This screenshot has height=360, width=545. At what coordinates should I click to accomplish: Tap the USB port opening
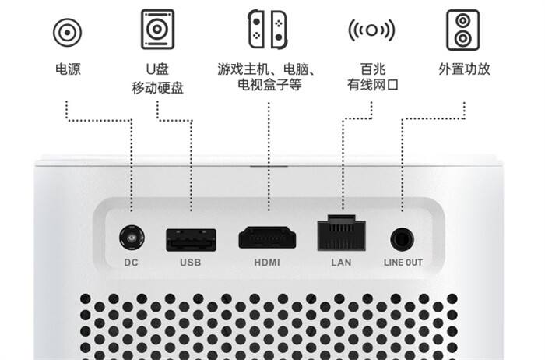(190, 238)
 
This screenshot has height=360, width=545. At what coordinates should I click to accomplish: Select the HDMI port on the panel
(266, 237)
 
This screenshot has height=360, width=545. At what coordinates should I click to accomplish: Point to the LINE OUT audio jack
(403, 238)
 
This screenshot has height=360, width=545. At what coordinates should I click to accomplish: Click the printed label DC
(131, 263)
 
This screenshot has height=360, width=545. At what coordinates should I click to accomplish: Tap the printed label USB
(190, 263)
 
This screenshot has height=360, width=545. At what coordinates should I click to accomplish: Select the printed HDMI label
(266, 263)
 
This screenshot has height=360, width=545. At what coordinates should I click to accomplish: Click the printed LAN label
(341, 263)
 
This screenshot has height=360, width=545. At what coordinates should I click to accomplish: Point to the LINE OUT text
(403, 263)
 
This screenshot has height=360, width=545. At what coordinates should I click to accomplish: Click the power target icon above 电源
(67, 32)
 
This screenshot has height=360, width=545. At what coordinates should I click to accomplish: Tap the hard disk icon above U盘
(157, 30)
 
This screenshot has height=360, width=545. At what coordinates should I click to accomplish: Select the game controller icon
(266, 30)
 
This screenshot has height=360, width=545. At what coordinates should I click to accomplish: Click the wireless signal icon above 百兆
(371, 31)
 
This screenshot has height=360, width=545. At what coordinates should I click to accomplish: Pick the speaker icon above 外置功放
(462, 30)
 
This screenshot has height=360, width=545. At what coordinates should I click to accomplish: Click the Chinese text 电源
(68, 70)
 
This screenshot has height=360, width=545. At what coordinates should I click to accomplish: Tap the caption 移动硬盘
(157, 87)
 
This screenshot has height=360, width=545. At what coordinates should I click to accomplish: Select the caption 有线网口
(373, 87)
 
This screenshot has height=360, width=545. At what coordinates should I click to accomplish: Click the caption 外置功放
(464, 70)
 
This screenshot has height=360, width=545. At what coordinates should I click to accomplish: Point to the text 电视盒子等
(266, 87)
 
